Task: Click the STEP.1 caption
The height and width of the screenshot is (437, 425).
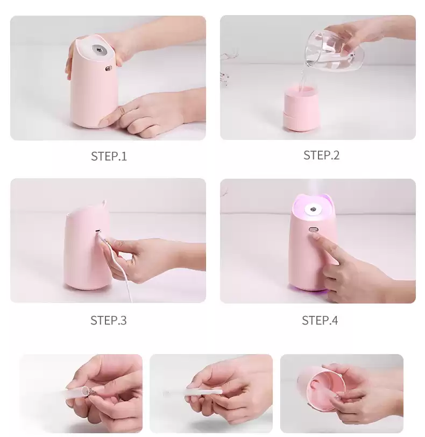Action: click(x=109, y=157)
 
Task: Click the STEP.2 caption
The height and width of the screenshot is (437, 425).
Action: click(x=321, y=155)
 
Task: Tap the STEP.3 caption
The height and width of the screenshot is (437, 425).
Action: click(x=109, y=321)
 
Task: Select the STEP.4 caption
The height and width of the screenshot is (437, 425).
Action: click(x=320, y=321)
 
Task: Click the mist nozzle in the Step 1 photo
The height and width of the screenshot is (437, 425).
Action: click(x=98, y=50)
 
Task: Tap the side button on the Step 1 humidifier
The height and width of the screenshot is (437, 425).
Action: click(x=108, y=68)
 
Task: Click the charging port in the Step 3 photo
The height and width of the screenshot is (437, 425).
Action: click(x=98, y=231)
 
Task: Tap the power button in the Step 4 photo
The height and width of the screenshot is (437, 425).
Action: click(x=313, y=230)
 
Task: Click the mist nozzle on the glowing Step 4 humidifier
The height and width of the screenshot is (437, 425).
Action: click(x=313, y=209)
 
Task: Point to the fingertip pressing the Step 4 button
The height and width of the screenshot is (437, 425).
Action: click(x=315, y=237)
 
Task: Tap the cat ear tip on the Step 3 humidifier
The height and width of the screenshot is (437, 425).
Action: click(x=104, y=201)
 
